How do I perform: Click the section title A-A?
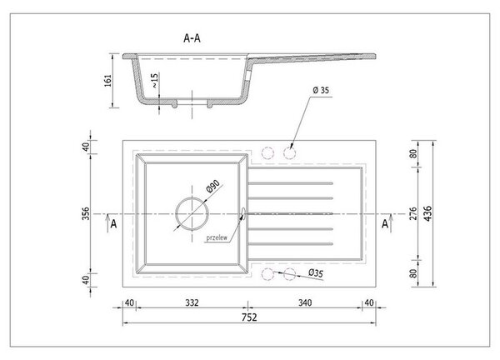pos(192,38)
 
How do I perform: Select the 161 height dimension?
pos(108,80)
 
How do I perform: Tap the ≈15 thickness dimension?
pos(154,81)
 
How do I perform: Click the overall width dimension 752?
pos(249,317)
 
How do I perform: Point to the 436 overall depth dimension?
pos(427,213)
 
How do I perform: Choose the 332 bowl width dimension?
pos(192,302)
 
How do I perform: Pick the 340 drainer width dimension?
pos(305,302)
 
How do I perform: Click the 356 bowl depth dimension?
pos(86,213)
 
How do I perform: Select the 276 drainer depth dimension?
pos(413,213)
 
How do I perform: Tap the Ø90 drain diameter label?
pos(213,186)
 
